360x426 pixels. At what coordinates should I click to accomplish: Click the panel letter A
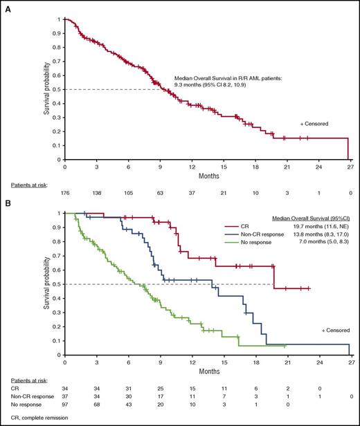click(5, 6)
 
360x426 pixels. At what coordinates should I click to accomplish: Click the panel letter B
click(5, 204)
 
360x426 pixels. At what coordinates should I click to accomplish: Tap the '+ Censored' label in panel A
click(314, 123)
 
